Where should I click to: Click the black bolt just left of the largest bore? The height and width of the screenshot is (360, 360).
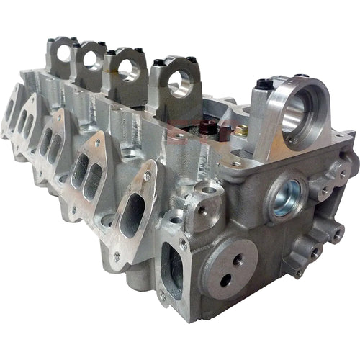(x=264, y=85)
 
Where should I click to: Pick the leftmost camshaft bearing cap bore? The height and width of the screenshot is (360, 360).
(x=62, y=52)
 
